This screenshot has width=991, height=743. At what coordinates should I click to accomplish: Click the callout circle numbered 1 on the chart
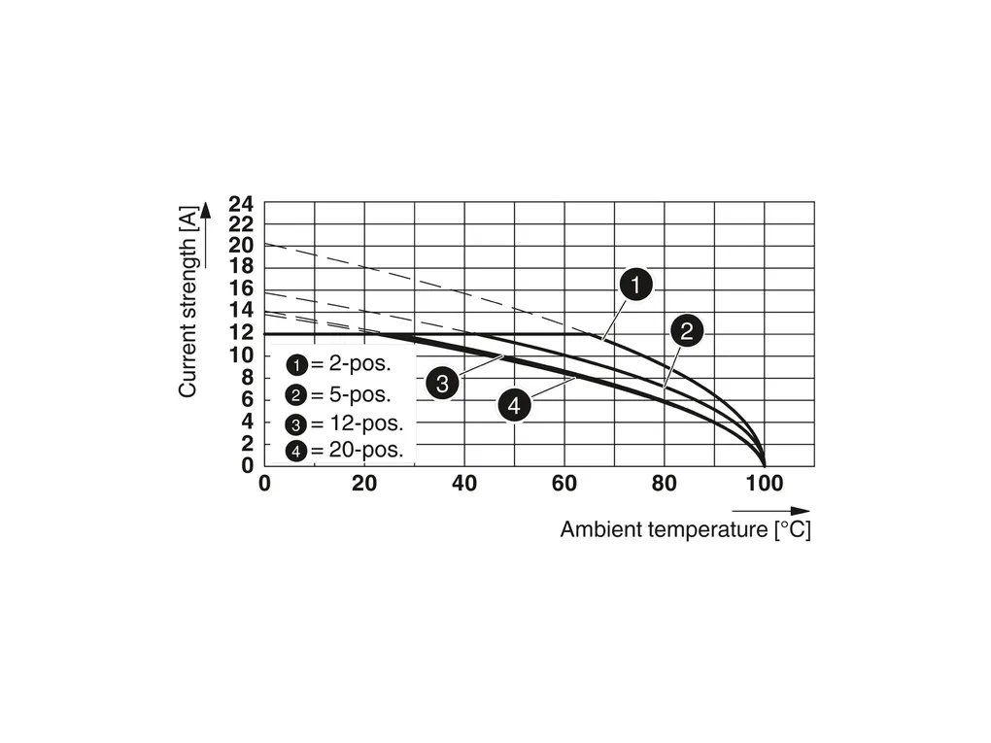[x=635, y=286]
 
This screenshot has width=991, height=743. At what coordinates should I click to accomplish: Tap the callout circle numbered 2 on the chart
[x=686, y=331]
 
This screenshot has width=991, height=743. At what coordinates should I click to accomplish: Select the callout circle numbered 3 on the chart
[x=441, y=383]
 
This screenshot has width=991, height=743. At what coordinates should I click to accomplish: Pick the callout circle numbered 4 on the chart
[x=515, y=405]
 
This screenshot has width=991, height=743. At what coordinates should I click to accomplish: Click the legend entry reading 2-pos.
[x=339, y=365]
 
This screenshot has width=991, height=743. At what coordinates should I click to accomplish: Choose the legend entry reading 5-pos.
[x=339, y=394]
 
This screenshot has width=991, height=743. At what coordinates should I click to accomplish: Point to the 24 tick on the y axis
[x=241, y=204]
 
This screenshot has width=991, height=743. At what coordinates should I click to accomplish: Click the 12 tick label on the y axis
[x=241, y=333]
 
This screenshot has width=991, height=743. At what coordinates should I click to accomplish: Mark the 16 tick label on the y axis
[x=241, y=288]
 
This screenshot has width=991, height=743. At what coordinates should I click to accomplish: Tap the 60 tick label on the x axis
[x=564, y=483]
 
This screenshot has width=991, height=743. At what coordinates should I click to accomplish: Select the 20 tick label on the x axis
[x=364, y=483]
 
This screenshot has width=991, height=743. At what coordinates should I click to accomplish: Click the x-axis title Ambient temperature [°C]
[x=685, y=530]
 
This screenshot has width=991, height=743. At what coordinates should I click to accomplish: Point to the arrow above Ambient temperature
[x=770, y=510]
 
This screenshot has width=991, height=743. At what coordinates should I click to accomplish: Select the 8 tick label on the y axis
[x=248, y=377]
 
